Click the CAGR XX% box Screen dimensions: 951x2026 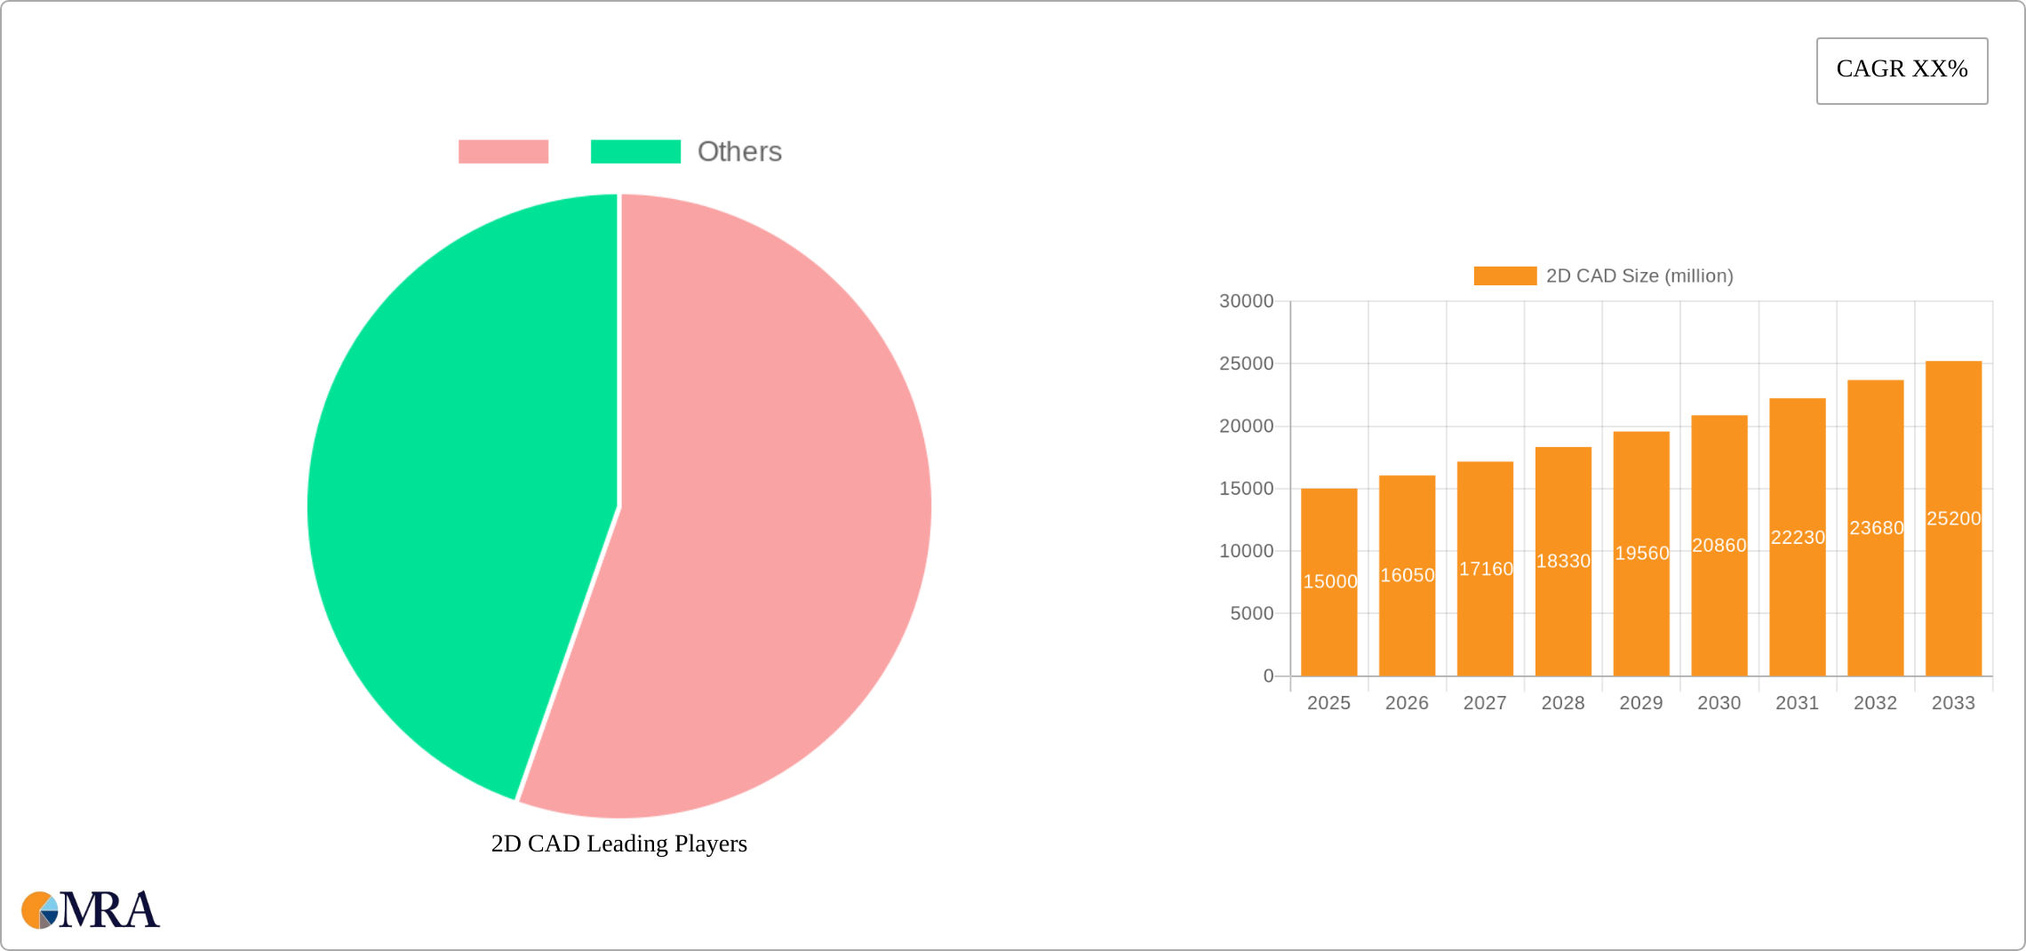(x=1902, y=70)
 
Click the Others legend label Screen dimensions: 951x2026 (x=739, y=152)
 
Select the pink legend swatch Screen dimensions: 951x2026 (x=503, y=152)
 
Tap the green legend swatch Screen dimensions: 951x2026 (x=635, y=152)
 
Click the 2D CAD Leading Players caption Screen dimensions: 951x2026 (x=619, y=843)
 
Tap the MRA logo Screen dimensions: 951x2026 (x=91, y=910)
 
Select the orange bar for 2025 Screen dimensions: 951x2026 (x=1328, y=622)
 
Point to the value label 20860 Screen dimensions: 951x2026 (x=1719, y=546)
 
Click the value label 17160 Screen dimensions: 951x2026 (x=1486, y=569)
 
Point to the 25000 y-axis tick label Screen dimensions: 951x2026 (x=1246, y=364)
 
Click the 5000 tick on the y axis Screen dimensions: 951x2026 (x=1251, y=613)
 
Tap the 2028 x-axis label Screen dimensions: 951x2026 (x=1563, y=703)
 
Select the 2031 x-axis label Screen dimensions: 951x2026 (x=1797, y=703)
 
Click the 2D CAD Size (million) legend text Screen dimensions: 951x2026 (x=1639, y=276)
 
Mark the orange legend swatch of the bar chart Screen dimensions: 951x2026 (x=1504, y=276)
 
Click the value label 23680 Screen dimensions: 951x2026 (x=1876, y=528)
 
